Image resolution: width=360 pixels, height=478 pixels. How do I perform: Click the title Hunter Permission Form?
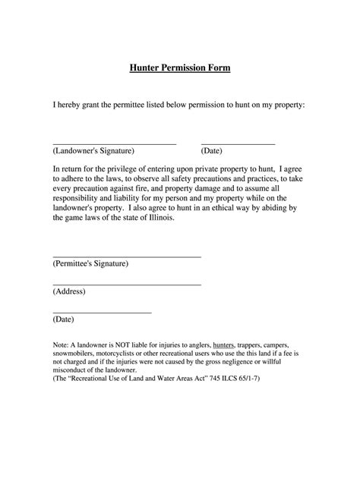tap(179, 68)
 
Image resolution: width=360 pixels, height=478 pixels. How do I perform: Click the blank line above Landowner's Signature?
tap(114, 143)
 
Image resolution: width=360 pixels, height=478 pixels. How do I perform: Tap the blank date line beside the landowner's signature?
tap(238, 143)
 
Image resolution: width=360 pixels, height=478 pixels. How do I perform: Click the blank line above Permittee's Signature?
tap(126, 256)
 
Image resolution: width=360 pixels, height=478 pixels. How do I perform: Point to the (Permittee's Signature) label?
tap(90, 264)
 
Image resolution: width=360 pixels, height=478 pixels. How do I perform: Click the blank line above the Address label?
tap(126, 285)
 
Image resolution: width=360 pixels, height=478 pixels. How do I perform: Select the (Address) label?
tap(69, 292)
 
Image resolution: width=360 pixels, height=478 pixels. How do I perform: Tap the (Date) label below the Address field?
tap(63, 320)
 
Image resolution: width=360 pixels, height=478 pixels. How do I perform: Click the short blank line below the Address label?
tap(102, 312)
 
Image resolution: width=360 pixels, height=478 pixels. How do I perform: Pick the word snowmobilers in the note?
tap(76, 354)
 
